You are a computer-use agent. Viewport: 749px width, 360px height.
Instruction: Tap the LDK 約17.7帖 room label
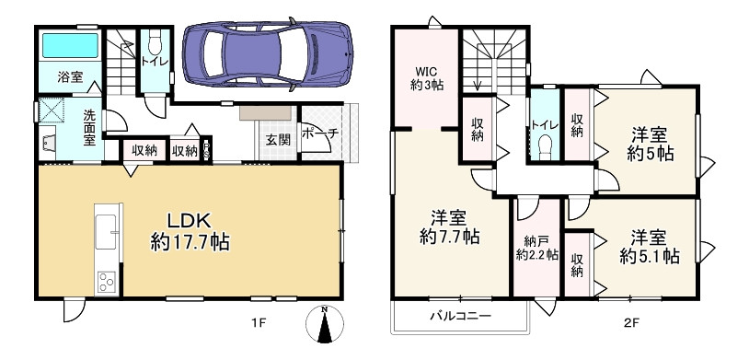pyautogui.click(x=190, y=232)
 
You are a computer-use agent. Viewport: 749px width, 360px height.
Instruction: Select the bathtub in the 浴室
pyautogui.click(x=67, y=45)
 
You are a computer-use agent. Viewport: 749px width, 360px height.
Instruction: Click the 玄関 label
pyautogui.click(x=279, y=140)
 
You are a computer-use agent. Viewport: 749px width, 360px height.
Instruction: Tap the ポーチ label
pyautogui.click(x=320, y=134)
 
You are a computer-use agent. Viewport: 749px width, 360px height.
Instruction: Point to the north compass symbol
pyautogui.click(x=323, y=324)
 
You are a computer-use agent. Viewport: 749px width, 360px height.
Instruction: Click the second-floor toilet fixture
pyautogui.click(x=544, y=145)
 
